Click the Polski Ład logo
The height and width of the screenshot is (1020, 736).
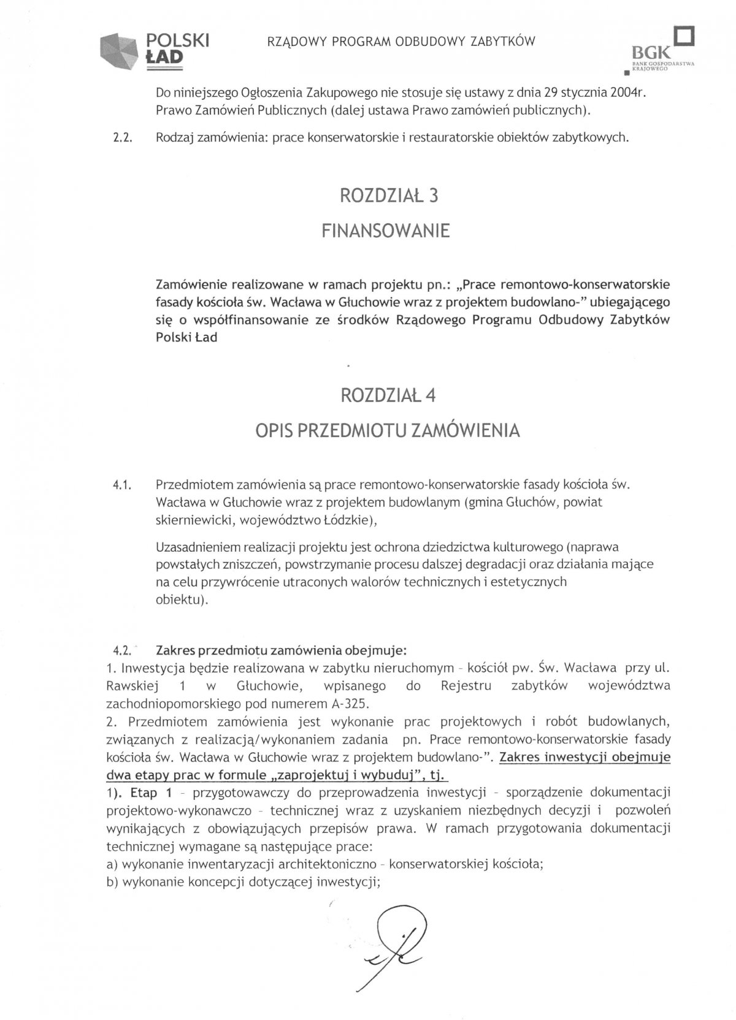155,48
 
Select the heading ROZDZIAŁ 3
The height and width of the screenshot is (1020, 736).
388,196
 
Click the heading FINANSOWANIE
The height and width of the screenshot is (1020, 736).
386,231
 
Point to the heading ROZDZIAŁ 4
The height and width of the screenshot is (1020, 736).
388,395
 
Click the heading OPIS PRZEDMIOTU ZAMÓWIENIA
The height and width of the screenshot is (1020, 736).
387,431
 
